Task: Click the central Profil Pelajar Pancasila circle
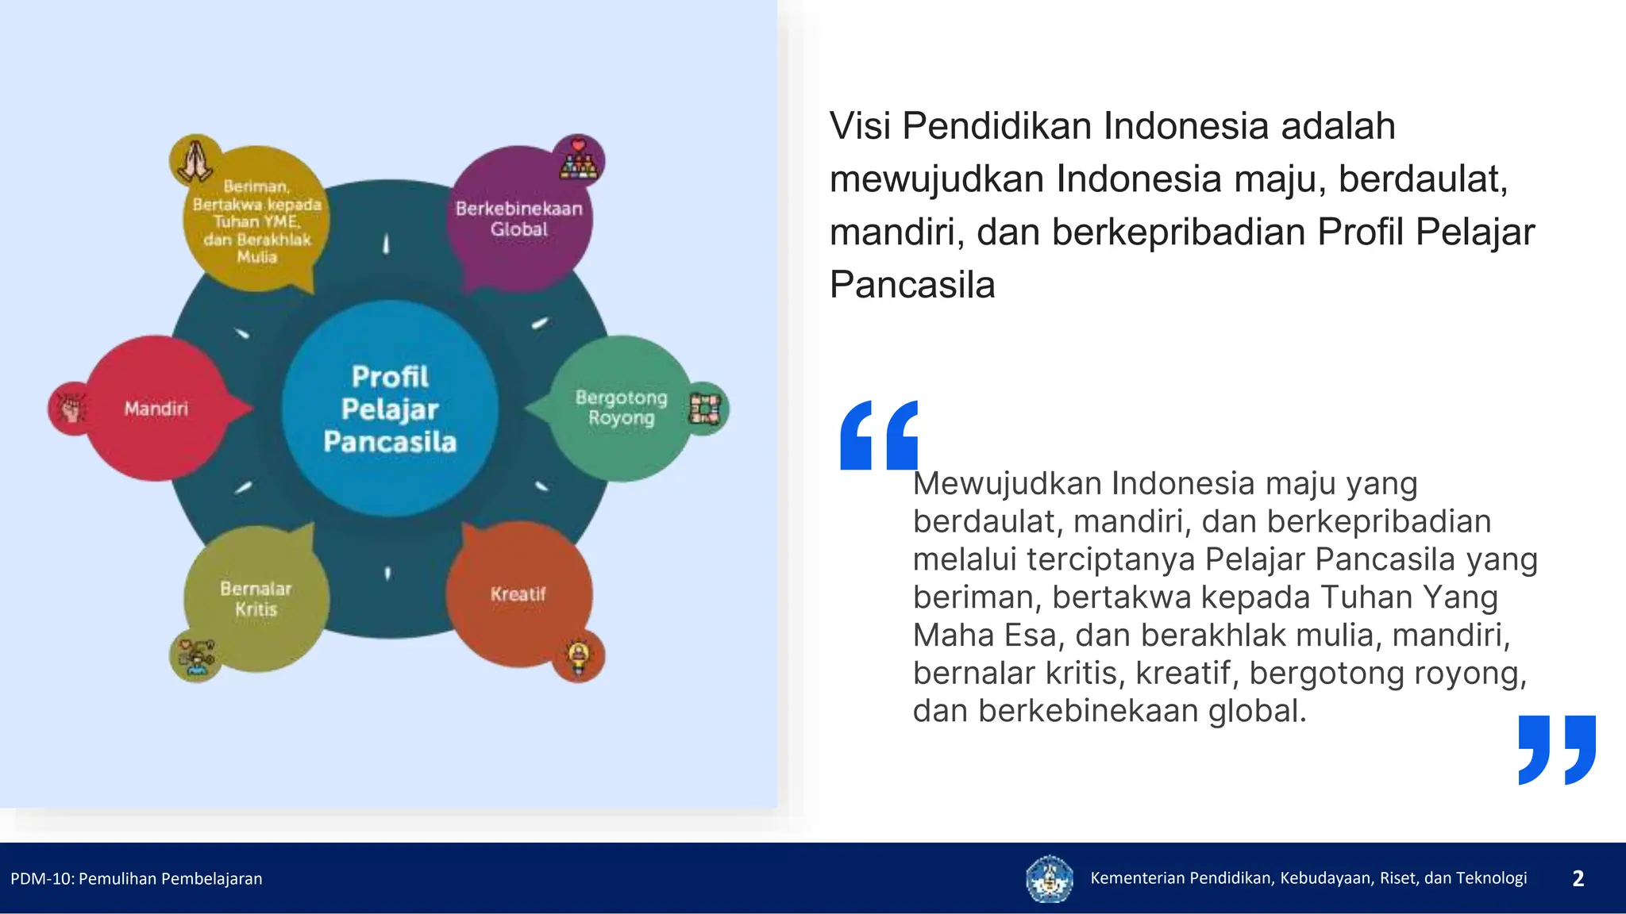pyautogui.click(x=390, y=409)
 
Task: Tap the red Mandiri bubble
pyautogui.click(x=156, y=409)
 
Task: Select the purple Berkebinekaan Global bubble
pyautogui.click(x=519, y=218)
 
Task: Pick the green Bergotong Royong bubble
pyautogui.click(x=621, y=408)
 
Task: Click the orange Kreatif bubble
pyautogui.click(x=518, y=594)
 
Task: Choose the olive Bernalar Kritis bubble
pyautogui.click(x=256, y=599)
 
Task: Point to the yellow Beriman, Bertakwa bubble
pyautogui.click(x=256, y=221)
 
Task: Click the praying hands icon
pyautogui.click(x=195, y=160)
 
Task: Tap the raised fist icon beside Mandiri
pyautogui.click(x=72, y=409)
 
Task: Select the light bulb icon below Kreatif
pyautogui.click(x=578, y=655)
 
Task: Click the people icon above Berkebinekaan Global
pyautogui.click(x=578, y=160)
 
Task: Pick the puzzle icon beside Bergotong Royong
pyautogui.click(x=704, y=409)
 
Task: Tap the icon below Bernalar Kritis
pyautogui.click(x=195, y=656)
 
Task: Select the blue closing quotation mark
pyautogui.click(x=1557, y=750)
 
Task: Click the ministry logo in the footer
pyautogui.click(x=1049, y=878)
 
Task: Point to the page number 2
pyautogui.click(x=1578, y=878)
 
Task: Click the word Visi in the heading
pyautogui.click(x=860, y=126)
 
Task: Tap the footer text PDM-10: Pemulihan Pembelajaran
pyautogui.click(x=137, y=878)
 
